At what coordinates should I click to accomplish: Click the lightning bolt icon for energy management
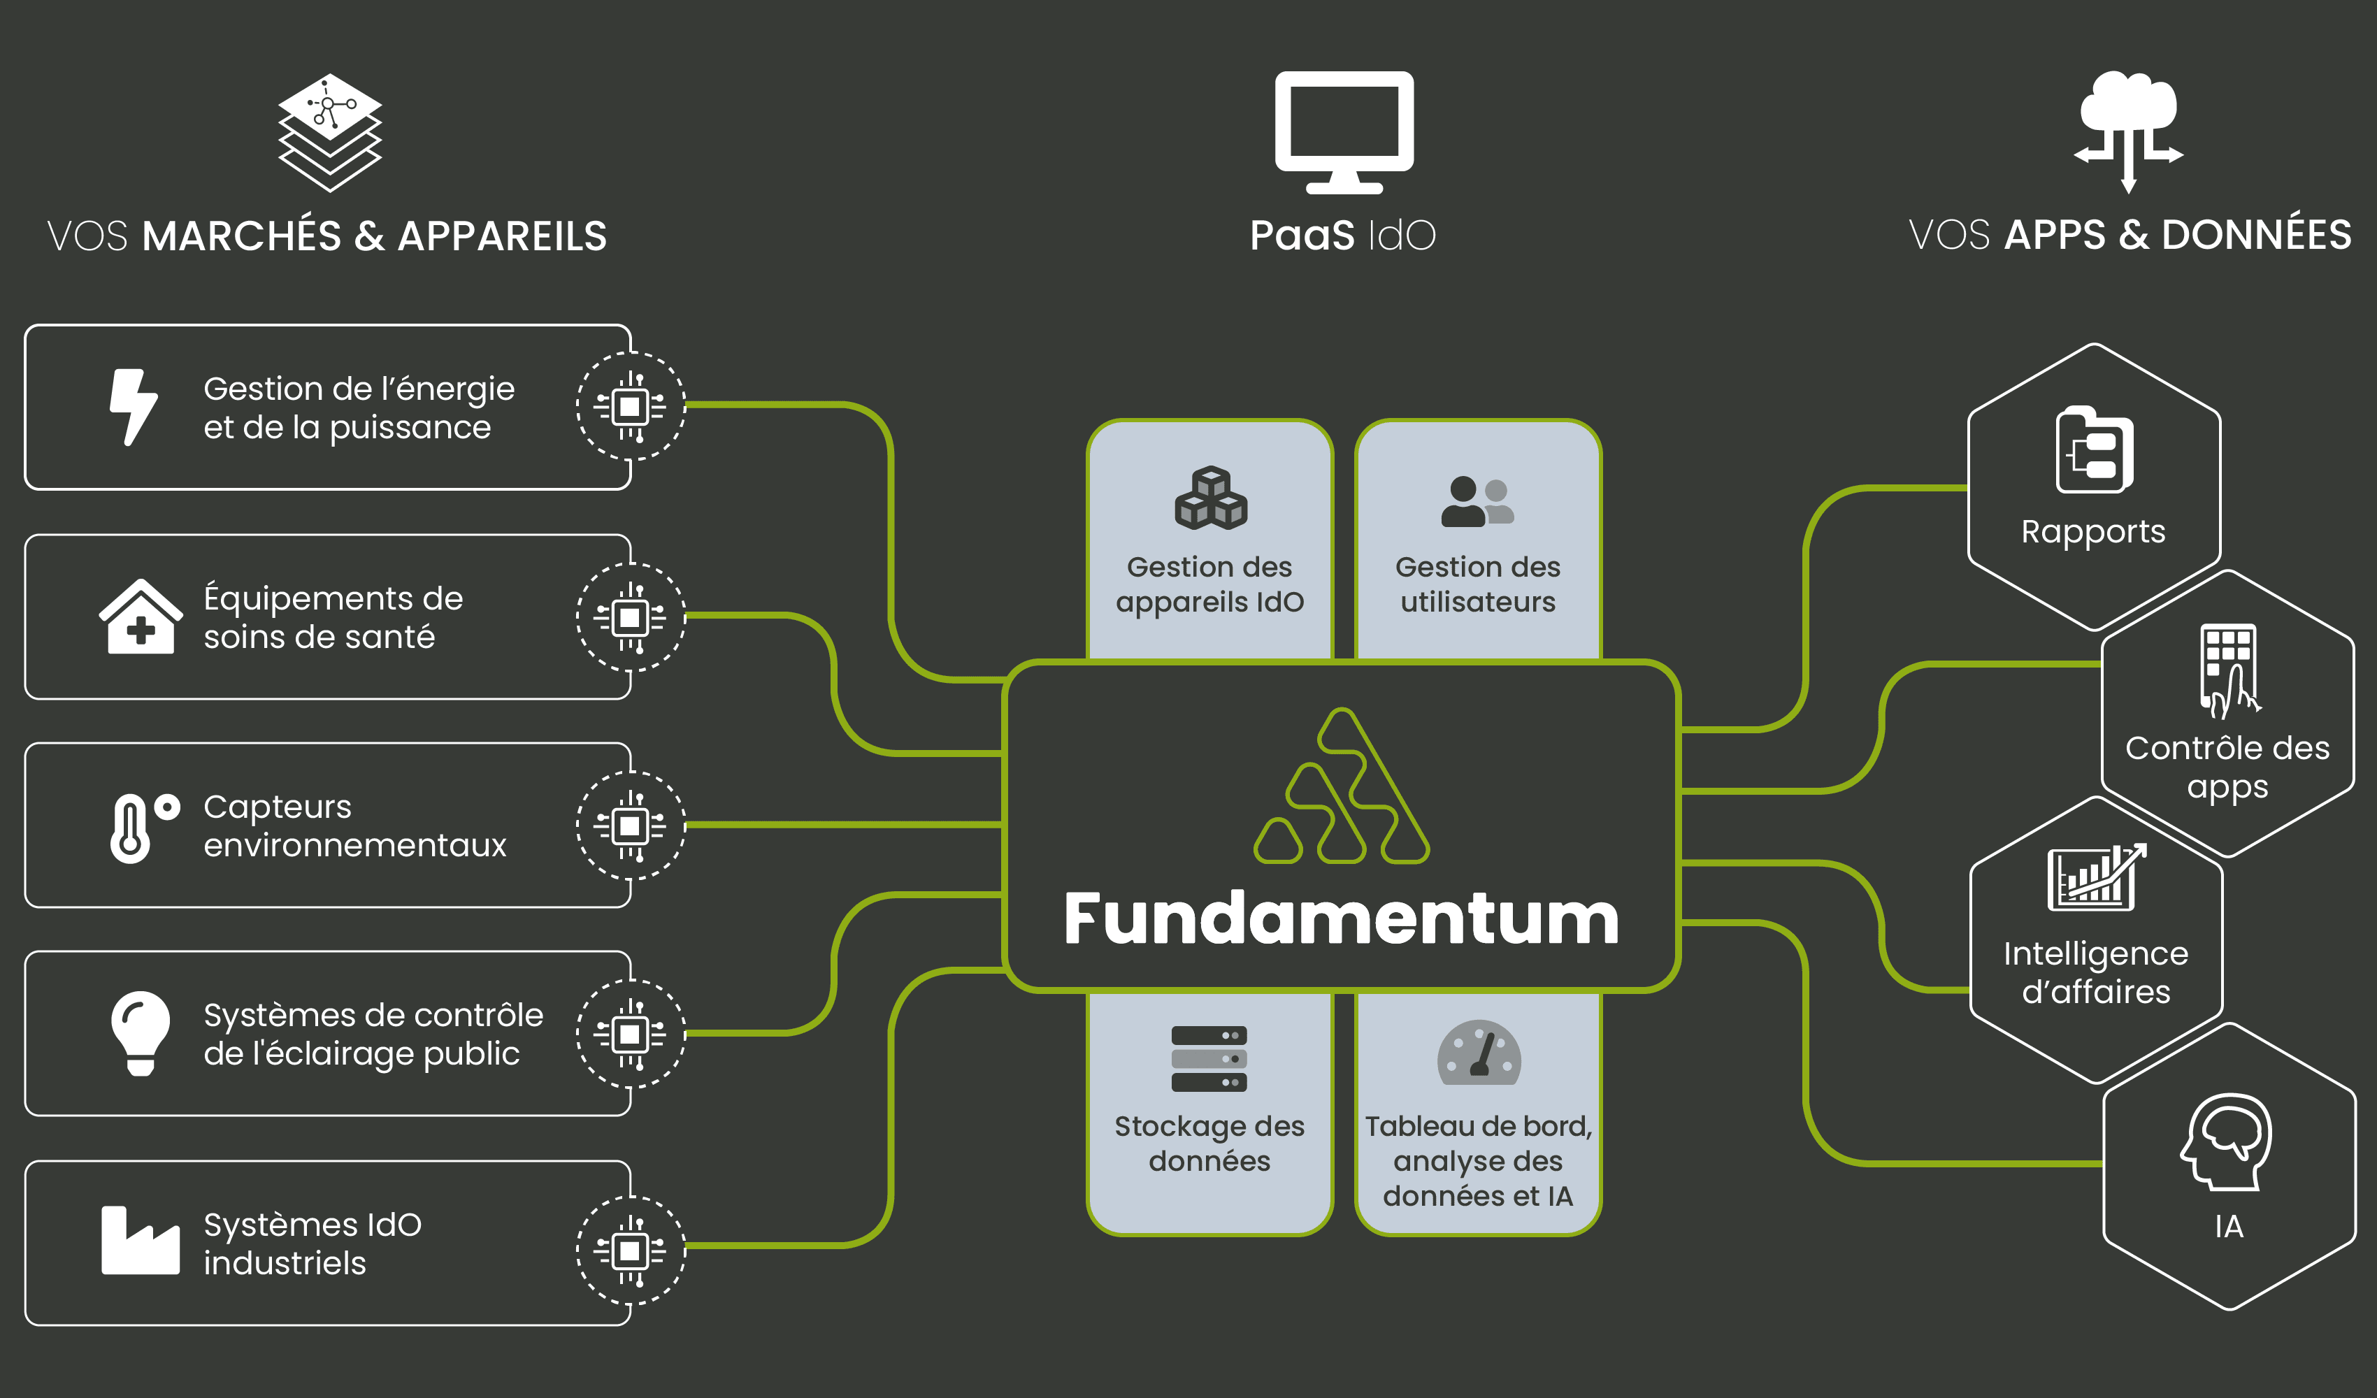[x=133, y=407]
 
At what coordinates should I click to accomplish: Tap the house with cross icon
[x=141, y=617]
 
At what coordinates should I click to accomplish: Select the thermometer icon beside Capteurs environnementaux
[x=132, y=828]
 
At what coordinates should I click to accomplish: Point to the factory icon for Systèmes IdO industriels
[x=140, y=1241]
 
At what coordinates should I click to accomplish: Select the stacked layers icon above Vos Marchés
[x=329, y=132]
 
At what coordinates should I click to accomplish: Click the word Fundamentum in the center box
[x=1342, y=918]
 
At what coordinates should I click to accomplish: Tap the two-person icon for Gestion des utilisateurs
[x=1477, y=501]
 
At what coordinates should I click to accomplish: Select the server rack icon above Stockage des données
[x=1209, y=1058]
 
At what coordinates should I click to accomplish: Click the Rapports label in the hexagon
[x=2093, y=532]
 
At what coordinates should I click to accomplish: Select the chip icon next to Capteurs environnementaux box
[x=630, y=826]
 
